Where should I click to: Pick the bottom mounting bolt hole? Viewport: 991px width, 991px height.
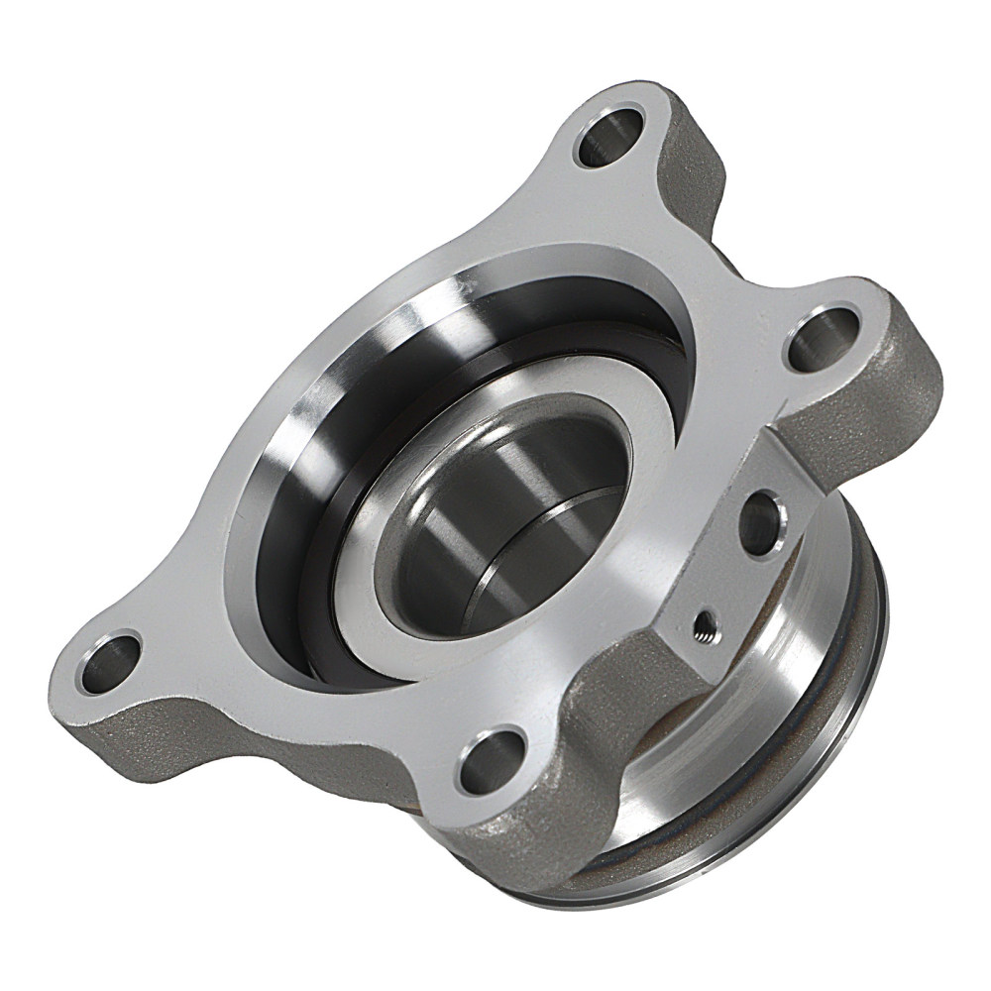(x=493, y=760)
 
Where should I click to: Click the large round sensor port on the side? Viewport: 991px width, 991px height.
(x=761, y=521)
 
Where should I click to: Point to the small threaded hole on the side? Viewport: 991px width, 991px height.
(x=705, y=623)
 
